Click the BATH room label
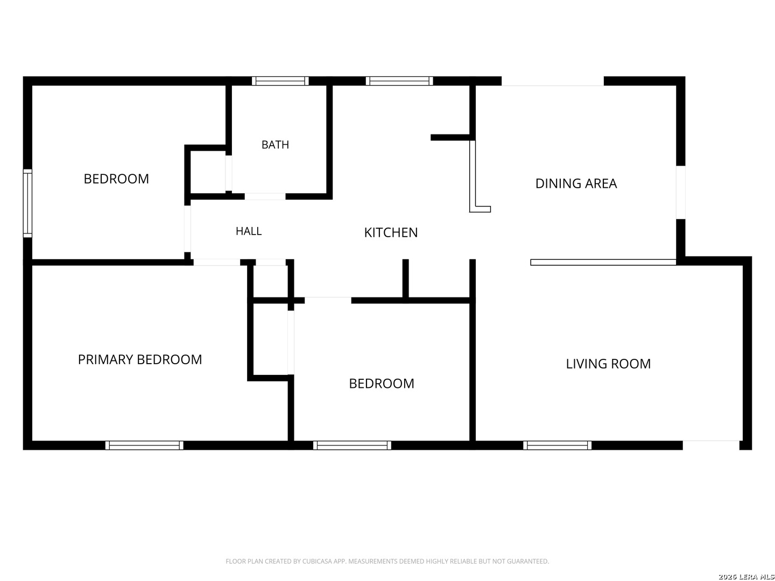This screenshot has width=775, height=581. point(274,144)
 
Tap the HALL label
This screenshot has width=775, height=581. point(248,231)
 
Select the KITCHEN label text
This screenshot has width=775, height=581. point(390,232)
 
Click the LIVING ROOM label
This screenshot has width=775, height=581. point(608,363)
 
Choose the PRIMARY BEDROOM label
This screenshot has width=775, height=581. point(140,359)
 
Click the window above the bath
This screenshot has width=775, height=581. point(280,81)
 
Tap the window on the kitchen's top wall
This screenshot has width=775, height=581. point(399,81)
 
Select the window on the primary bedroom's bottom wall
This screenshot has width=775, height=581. point(144,445)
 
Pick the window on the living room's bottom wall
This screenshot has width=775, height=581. point(556,445)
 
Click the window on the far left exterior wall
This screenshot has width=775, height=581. point(27,203)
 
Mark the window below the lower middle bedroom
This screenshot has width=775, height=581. point(351,445)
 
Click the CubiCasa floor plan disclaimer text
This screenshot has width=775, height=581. point(386,561)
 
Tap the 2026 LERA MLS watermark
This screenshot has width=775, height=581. point(746,576)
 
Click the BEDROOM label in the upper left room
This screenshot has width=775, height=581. point(116,179)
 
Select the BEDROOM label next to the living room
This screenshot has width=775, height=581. point(382,383)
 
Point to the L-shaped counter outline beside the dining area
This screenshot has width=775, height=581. point(473,176)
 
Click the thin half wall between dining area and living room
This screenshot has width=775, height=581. point(603,262)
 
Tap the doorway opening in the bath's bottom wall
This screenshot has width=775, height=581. point(265,196)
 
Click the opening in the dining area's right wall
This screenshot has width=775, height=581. point(680,192)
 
